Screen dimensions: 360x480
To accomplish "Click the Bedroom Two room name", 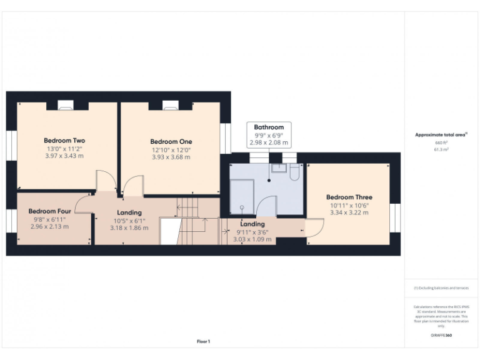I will click(64, 141).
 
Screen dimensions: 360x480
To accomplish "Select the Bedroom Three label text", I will click(349, 197).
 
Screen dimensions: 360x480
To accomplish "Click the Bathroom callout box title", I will click(269, 127).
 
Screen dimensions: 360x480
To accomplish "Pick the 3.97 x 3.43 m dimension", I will click(64, 156).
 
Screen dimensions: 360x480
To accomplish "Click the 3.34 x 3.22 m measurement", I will click(349, 212).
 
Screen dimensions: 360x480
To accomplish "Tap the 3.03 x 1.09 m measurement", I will click(252, 239).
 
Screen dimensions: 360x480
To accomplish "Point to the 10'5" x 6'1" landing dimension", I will click(129, 221).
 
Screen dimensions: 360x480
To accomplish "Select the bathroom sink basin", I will click(278, 167).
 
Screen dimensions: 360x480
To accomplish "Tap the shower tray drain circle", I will click(241, 207).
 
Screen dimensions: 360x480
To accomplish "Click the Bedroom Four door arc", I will click(84, 202).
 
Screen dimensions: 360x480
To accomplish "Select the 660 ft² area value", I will click(441, 142).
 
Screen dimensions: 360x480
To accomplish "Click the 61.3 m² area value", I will click(441, 150).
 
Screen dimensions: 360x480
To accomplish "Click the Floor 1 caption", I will click(203, 341).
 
